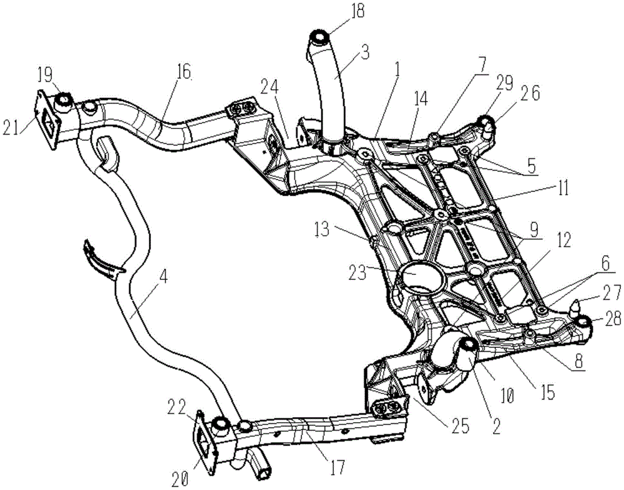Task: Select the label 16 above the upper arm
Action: coord(183,72)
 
